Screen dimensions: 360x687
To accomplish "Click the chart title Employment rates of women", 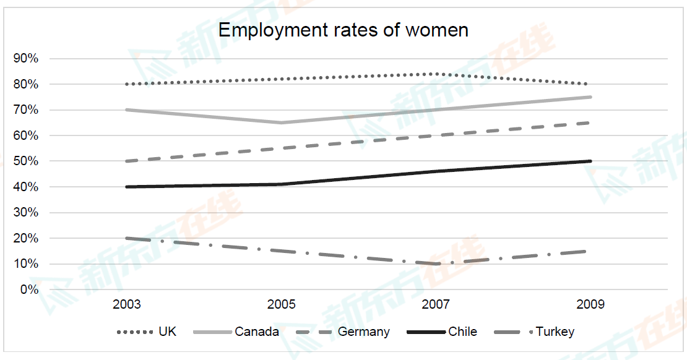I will [343, 30].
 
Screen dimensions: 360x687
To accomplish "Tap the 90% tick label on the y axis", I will [25, 58].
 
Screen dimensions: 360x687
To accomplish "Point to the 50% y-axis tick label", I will [25, 161].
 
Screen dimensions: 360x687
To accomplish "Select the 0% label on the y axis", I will [28, 289].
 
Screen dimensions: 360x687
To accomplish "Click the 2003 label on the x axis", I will [127, 304].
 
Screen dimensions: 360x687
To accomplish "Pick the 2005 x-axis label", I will [282, 304].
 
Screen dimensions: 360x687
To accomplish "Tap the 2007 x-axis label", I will [436, 304].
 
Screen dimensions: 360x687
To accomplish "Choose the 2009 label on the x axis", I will [590, 304].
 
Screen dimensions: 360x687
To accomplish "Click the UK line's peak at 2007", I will [436, 74].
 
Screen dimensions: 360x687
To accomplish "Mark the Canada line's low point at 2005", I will [282, 122].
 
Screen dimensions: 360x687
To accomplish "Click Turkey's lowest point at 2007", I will [436, 264].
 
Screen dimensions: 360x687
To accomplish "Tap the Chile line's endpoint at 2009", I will [590, 161].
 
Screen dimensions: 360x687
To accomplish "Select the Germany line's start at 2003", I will [127, 161].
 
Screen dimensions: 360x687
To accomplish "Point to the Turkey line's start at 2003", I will [127, 238].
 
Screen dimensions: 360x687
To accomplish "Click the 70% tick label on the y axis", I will [25, 109].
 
